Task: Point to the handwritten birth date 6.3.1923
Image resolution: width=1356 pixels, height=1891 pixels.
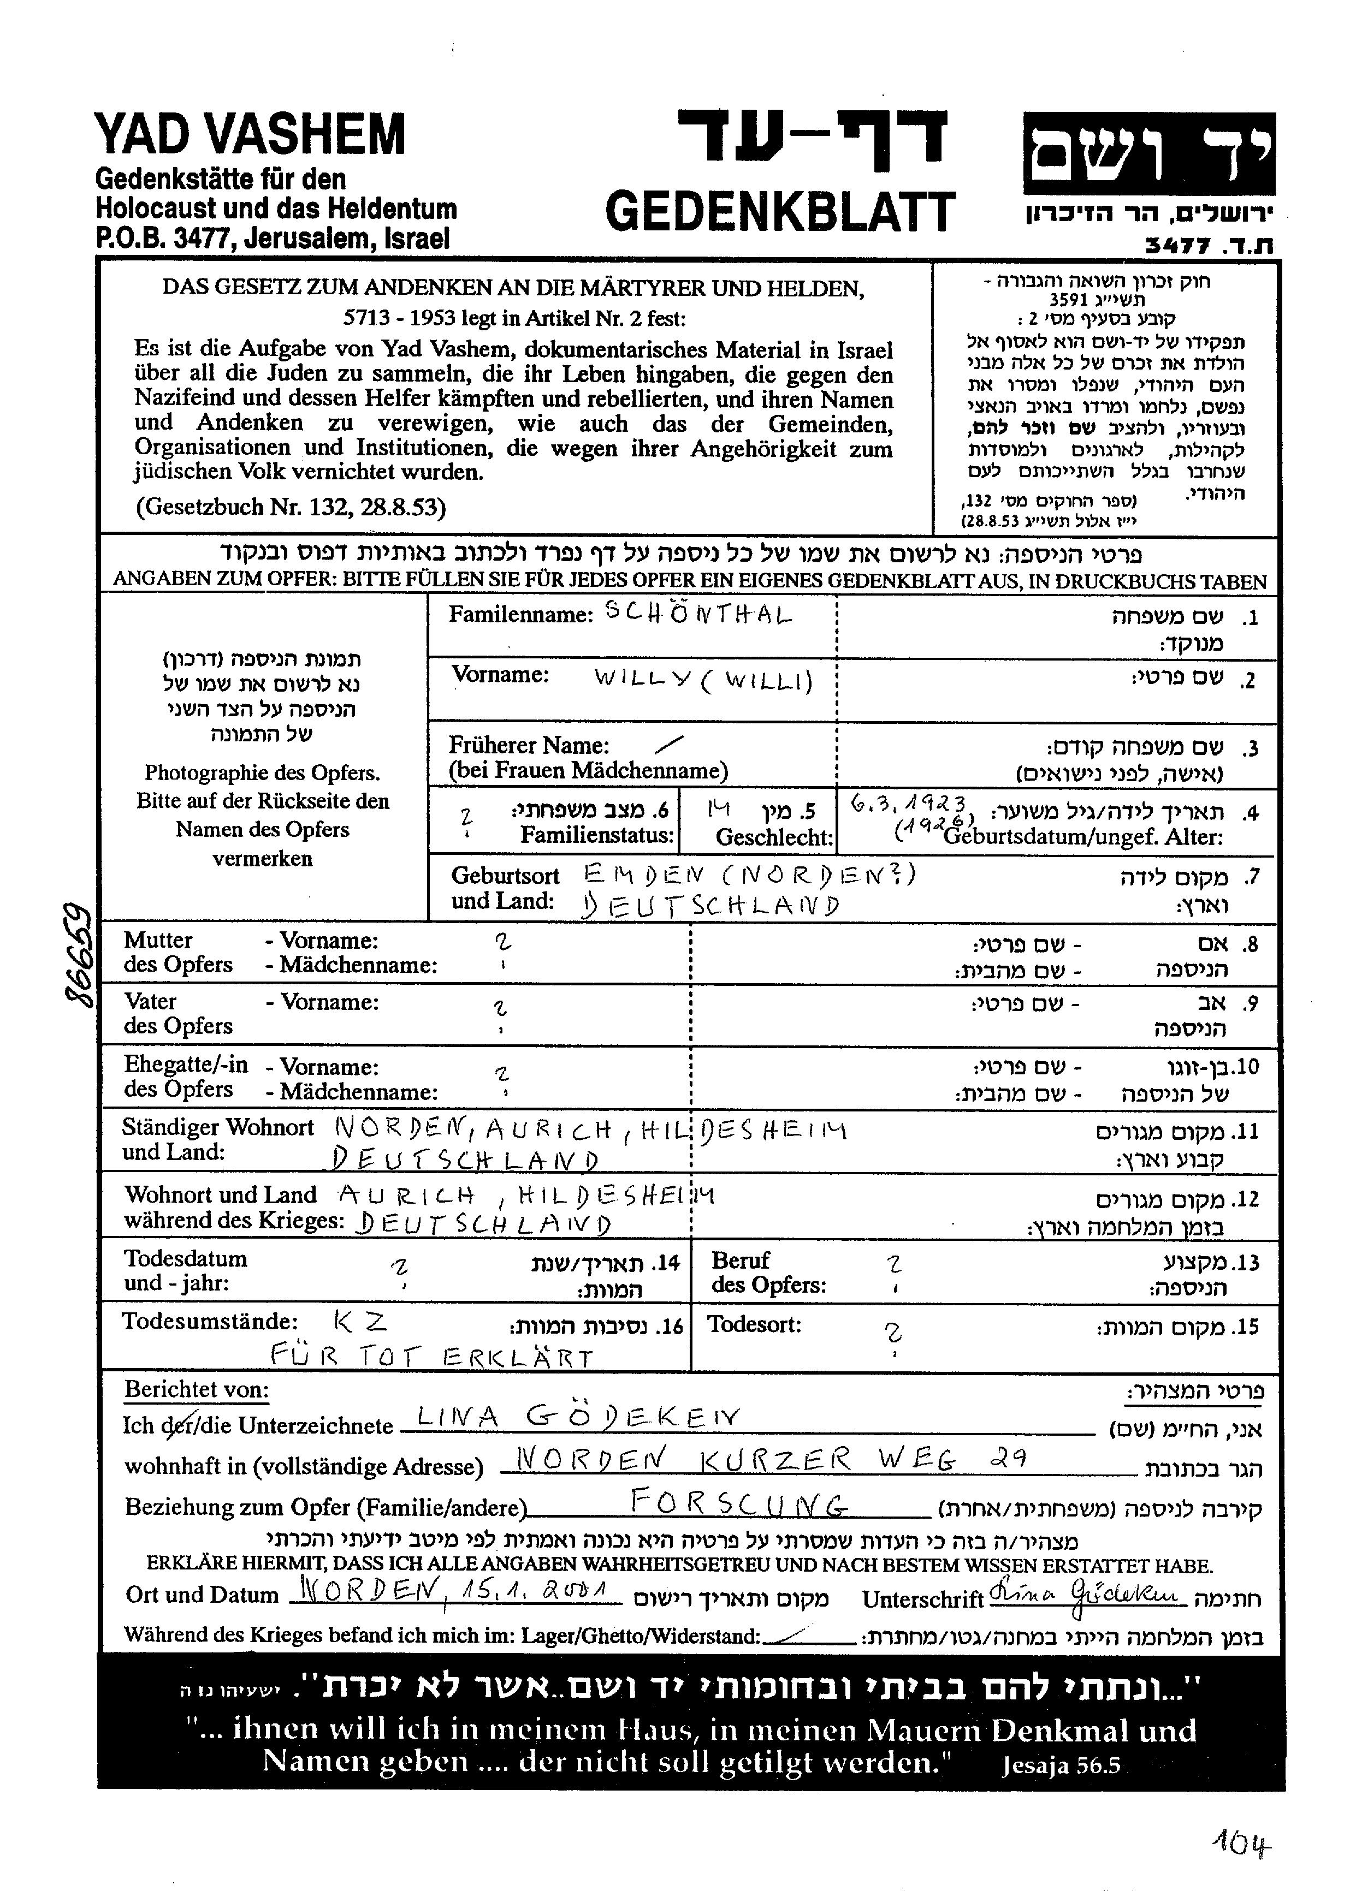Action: pos(909,804)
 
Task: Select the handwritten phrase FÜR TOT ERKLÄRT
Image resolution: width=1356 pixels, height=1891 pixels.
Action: pos(431,1358)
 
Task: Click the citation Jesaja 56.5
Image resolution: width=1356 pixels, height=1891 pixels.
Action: pos(1062,1766)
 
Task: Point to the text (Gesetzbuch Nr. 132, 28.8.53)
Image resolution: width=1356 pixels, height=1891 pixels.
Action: pos(290,507)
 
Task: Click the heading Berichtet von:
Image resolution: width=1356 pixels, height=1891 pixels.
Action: pos(197,1389)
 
